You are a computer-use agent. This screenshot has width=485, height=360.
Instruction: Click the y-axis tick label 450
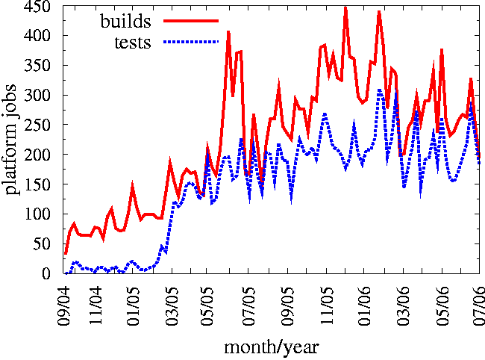(39, 7)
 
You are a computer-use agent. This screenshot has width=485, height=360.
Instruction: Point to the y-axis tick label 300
(39, 96)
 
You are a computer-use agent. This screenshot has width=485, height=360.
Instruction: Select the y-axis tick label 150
(39, 184)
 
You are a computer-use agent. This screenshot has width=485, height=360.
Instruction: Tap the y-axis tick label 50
(43, 244)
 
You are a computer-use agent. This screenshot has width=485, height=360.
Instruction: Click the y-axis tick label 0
(48, 274)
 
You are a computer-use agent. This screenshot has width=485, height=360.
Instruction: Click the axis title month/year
(272, 347)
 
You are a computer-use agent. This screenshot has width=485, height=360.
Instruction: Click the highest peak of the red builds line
(345, 8)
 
